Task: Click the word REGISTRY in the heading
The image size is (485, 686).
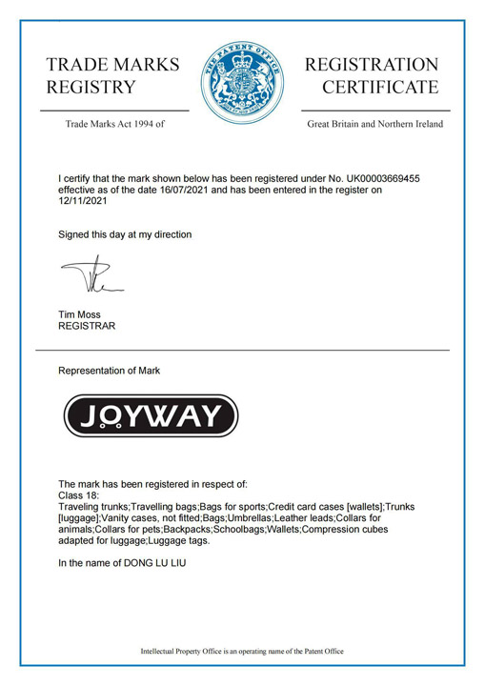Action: [91, 88]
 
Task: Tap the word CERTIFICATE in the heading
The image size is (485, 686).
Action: [380, 88]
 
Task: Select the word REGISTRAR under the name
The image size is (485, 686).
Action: [88, 326]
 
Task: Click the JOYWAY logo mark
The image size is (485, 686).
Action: [150, 415]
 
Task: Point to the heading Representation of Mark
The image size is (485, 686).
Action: [110, 371]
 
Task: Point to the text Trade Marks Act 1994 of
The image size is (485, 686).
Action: [114, 124]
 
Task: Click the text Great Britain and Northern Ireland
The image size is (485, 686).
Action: [374, 124]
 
